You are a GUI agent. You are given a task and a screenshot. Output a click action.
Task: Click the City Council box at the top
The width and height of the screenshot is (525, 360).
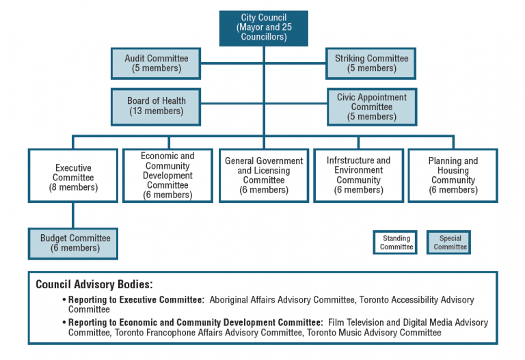point(263,27)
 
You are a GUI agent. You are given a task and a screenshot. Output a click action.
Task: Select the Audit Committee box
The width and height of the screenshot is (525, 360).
point(157,64)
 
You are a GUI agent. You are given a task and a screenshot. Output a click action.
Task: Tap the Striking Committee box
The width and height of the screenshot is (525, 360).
point(371,64)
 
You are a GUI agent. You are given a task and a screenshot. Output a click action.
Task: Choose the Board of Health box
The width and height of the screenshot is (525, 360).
point(157,107)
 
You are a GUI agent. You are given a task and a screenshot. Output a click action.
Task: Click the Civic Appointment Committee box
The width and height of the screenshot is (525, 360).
point(371,107)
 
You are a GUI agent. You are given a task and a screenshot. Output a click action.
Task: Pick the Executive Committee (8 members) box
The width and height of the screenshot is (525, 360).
point(73,176)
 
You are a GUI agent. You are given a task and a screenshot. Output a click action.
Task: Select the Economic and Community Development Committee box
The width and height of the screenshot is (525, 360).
point(167,176)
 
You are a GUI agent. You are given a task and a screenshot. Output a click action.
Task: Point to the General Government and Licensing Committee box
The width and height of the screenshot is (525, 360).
point(263,176)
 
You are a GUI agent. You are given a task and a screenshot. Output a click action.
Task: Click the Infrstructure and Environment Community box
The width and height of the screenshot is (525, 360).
point(358,176)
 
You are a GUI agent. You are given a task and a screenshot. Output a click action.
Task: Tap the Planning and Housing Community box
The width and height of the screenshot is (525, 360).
point(453,176)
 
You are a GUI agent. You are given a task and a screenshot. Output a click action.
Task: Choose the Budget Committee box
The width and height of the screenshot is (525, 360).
point(73,243)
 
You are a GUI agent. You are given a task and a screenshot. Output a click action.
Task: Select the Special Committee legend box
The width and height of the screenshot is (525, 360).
point(450,243)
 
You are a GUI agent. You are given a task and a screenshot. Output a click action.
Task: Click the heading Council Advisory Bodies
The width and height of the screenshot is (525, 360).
point(95,284)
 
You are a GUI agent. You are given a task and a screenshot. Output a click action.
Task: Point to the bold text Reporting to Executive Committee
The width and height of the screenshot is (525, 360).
point(136,300)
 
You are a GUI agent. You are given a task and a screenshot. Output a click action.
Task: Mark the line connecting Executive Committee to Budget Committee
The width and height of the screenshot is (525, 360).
point(73,215)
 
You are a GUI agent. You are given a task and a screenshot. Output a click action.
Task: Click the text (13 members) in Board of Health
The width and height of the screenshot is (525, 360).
point(157,111)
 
